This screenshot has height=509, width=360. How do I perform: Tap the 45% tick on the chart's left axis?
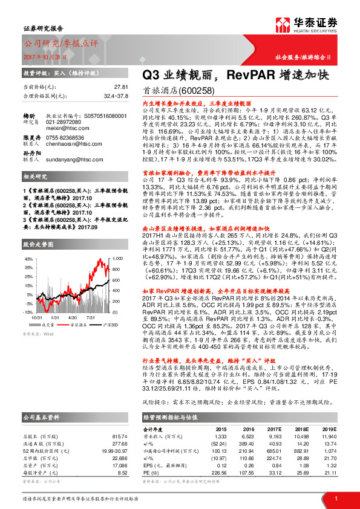[27, 258]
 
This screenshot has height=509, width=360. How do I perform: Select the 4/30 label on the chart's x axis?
[73, 316]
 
